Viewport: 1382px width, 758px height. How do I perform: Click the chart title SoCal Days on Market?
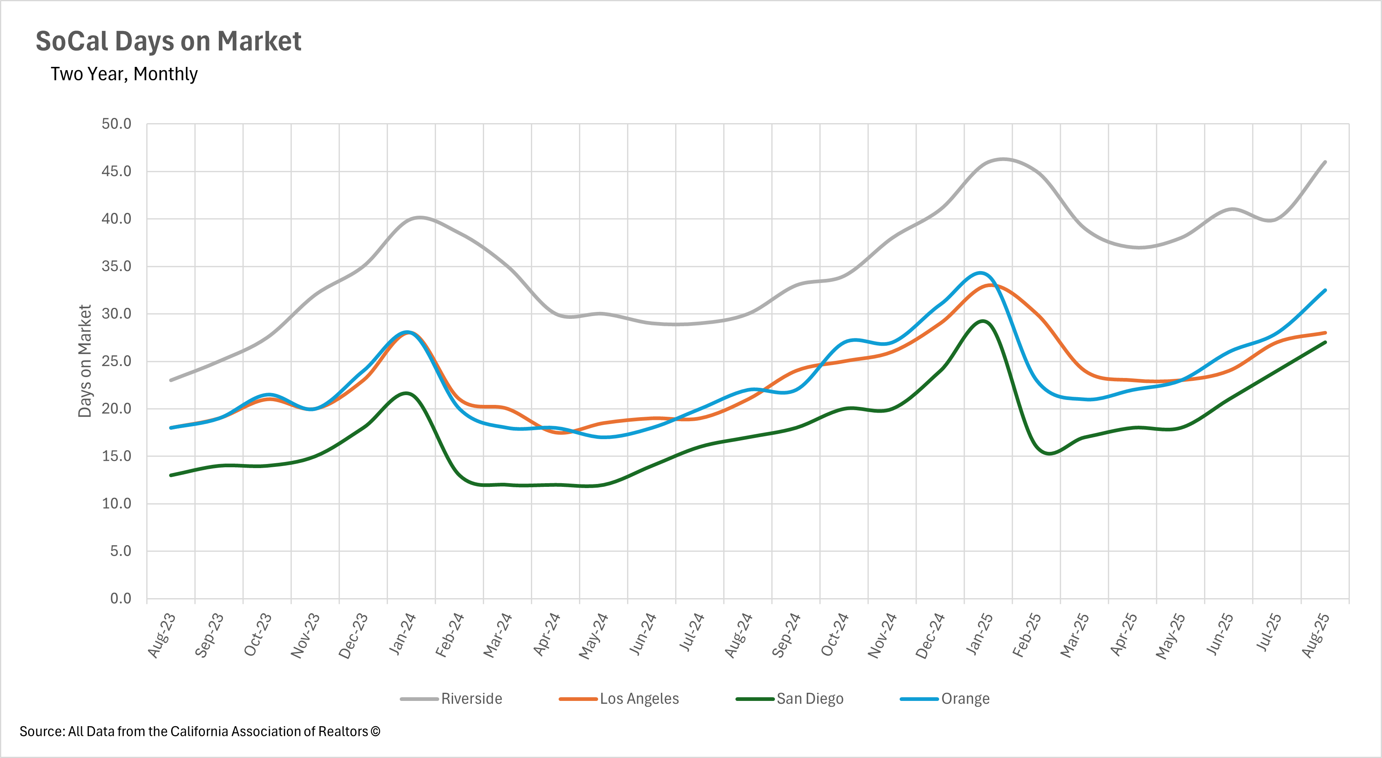(x=168, y=41)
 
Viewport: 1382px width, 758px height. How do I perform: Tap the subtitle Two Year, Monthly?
(x=124, y=74)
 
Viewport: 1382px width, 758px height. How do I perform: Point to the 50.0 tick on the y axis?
(x=117, y=124)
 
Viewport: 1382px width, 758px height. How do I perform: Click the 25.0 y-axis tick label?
(x=117, y=361)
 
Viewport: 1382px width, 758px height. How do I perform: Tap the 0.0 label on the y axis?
(x=121, y=598)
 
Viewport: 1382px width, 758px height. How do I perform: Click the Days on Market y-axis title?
(x=85, y=361)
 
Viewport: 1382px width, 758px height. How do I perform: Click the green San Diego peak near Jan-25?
(x=982, y=321)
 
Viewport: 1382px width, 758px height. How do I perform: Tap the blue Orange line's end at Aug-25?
(x=1325, y=290)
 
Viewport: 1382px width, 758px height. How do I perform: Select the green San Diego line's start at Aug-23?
(x=171, y=475)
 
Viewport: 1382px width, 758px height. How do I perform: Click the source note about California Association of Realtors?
(x=200, y=731)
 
